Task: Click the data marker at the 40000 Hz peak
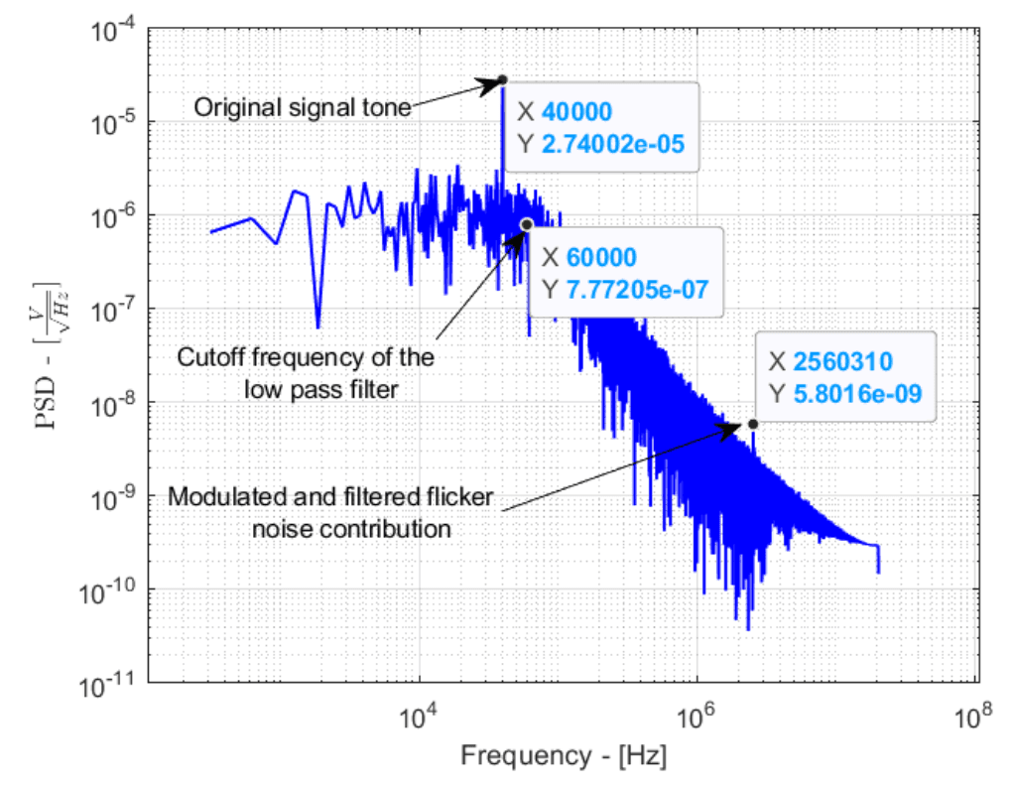(503, 79)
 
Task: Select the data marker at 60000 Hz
(527, 224)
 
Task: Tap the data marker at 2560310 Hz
(753, 424)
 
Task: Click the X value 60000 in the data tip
(601, 257)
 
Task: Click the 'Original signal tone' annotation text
(302, 106)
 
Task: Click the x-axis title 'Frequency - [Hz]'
(563, 755)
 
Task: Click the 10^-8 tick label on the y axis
(111, 403)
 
